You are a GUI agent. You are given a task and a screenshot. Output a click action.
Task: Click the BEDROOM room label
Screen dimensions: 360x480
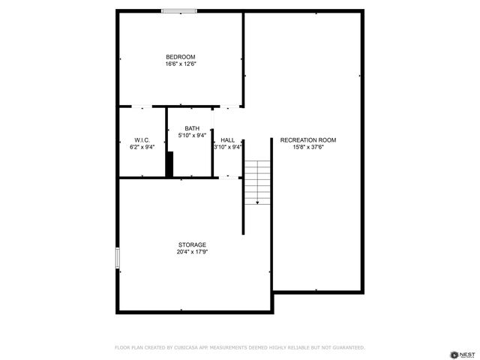(x=181, y=58)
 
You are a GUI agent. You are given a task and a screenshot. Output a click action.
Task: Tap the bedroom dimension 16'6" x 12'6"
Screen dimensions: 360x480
(x=181, y=65)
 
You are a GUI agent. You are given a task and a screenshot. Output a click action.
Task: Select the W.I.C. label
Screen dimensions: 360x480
(x=142, y=140)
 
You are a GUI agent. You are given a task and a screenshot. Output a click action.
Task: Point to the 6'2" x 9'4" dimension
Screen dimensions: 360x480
(x=142, y=148)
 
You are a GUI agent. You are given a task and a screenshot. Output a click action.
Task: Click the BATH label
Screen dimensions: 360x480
(x=192, y=128)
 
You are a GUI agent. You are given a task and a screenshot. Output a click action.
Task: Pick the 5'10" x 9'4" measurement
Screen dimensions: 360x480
(x=192, y=136)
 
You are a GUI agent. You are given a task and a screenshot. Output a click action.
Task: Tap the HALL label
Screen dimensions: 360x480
(x=228, y=140)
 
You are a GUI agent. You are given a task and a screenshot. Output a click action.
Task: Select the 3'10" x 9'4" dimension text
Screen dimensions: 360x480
(x=228, y=148)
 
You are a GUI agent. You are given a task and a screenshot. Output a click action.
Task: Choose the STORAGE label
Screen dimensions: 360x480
(x=192, y=244)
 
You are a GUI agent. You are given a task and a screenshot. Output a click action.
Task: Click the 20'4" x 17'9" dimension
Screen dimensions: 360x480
(x=192, y=252)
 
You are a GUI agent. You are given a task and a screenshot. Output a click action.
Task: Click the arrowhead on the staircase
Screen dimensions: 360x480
(x=257, y=202)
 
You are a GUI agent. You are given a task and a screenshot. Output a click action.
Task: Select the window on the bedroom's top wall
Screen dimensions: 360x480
(x=180, y=11)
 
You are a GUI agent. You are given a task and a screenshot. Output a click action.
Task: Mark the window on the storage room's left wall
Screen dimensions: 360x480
(x=117, y=257)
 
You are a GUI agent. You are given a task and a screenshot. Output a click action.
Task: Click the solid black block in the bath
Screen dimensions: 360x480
(x=169, y=163)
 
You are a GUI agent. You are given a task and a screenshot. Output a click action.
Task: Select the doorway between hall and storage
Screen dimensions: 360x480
(x=227, y=178)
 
